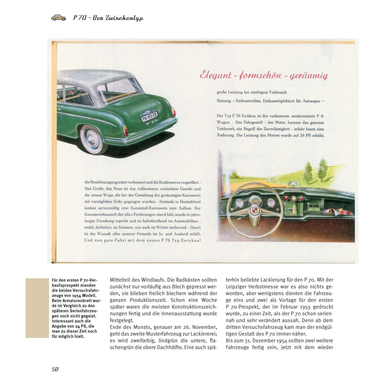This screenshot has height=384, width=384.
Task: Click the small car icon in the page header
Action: (58, 17)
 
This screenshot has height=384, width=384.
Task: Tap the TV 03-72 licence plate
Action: (149, 116)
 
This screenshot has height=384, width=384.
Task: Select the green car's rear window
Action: (119, 89)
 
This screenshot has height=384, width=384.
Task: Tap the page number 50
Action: (55, 369)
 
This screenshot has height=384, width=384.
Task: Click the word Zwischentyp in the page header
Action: (123, 18)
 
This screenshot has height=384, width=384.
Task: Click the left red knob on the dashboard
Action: (286, 198)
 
